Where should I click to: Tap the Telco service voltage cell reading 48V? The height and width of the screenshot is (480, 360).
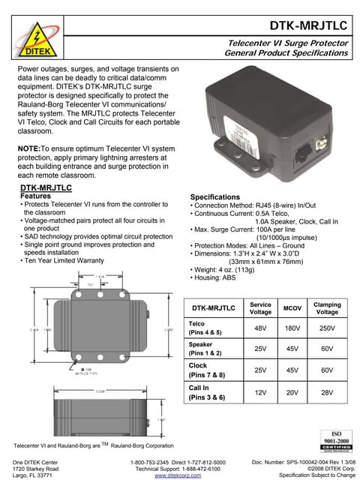tap(259, 328)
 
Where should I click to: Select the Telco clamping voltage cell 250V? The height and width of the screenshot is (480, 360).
tap(327, 328)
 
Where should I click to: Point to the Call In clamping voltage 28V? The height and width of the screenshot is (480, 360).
tap(327, 392)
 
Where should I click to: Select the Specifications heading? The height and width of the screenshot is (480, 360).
tap(218, 196)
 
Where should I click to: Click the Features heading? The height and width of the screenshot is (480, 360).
tap(34, 196)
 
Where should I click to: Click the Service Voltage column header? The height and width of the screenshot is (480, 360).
tap(259, 307)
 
